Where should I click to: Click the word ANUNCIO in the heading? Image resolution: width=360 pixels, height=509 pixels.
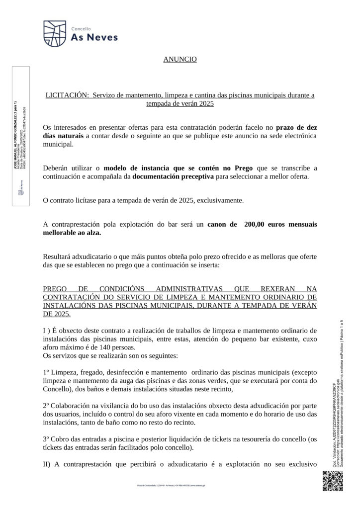point(180,59)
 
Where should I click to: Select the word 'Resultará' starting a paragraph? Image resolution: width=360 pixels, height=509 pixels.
point(58,256)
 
